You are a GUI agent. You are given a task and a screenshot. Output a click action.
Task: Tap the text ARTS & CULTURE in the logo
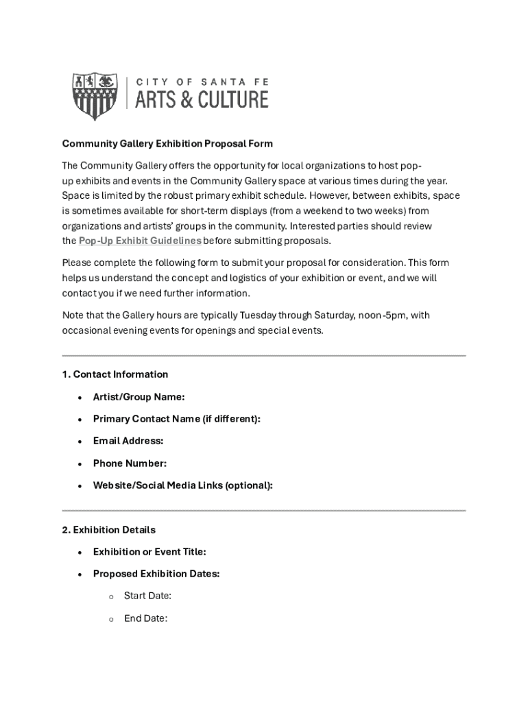201,100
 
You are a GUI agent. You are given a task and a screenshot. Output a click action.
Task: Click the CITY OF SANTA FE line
201,82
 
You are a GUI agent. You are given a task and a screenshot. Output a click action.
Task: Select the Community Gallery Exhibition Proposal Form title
167,144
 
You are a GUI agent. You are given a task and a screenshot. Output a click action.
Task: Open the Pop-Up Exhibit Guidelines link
140,241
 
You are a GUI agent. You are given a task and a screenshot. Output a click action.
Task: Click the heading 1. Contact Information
115,374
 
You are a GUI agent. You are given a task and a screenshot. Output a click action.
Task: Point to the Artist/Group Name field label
139,396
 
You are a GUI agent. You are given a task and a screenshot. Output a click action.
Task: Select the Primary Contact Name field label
176,419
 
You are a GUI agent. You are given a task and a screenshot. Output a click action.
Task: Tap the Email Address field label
128,441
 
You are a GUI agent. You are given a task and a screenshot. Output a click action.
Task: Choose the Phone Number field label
130,463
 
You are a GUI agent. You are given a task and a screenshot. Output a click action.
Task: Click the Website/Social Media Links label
182,485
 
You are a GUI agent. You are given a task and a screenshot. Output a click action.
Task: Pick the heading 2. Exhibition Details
108,530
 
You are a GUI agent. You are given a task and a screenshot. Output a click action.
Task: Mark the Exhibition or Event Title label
149,552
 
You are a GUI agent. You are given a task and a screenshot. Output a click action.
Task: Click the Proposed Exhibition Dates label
156,574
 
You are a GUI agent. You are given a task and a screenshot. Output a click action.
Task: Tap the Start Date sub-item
147,596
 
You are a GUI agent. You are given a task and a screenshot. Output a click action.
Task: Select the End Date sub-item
145,618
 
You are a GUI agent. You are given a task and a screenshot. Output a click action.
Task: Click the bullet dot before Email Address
80,441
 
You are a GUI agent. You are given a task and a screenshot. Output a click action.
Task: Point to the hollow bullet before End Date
110,619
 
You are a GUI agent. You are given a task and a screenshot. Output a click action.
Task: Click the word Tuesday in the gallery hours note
260,315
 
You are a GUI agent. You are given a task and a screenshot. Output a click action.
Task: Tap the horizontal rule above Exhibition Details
264,511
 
